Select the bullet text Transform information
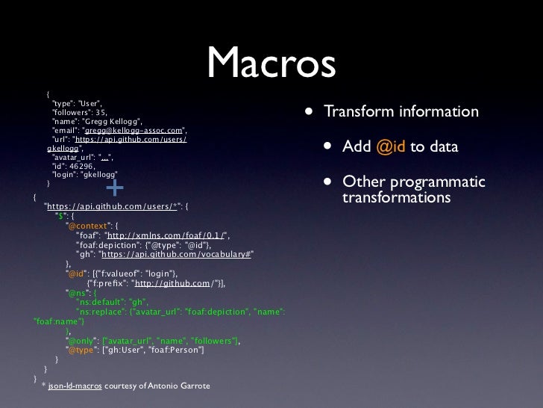(401, 112)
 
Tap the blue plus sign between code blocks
(116, 186)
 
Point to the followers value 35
(100, 111)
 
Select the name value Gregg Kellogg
(114, 121)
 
